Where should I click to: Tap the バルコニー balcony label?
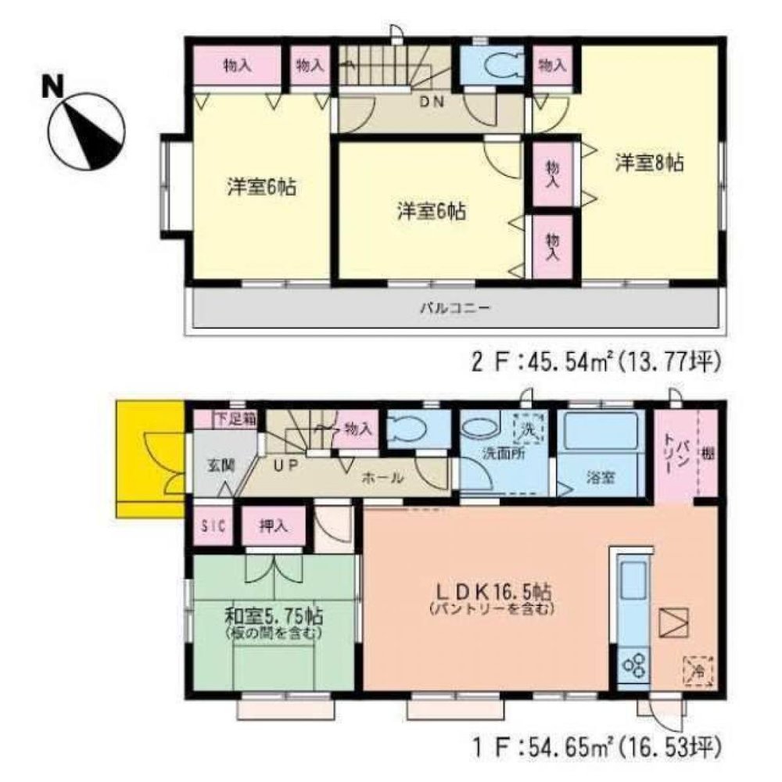click(454, 308)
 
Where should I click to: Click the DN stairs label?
click(431, 101)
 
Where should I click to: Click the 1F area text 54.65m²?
click(542, 740)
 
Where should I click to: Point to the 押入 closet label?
click(272, 526)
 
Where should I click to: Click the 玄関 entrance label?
click(219, 463)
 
